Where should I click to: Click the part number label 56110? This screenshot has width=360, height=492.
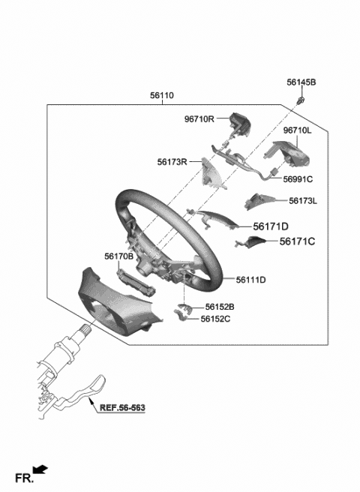(161, 95)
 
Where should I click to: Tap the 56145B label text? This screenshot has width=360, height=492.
(301, 82)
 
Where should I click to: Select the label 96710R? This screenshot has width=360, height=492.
(199, 118)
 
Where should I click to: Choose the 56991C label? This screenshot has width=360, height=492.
(298, 179)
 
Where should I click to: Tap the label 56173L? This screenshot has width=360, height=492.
(303, 201)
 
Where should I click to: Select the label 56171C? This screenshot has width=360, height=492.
(298, 241)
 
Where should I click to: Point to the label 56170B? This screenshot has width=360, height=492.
(119, 256)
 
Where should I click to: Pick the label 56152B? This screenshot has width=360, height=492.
(218, 307)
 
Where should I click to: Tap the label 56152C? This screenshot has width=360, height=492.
(215, 319)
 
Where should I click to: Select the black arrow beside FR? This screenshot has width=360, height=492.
(40, 470)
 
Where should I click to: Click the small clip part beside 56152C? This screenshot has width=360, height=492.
(183, 318)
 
